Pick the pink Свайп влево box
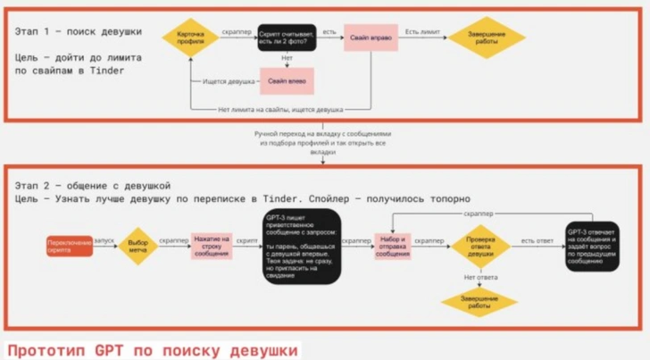coord(287,80)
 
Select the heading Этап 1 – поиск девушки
coord(78,31)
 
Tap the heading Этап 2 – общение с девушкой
coord(86,183)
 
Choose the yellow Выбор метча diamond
coord(138,247)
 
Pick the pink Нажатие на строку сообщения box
coord(211,247)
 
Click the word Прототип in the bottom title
coord(42,349)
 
